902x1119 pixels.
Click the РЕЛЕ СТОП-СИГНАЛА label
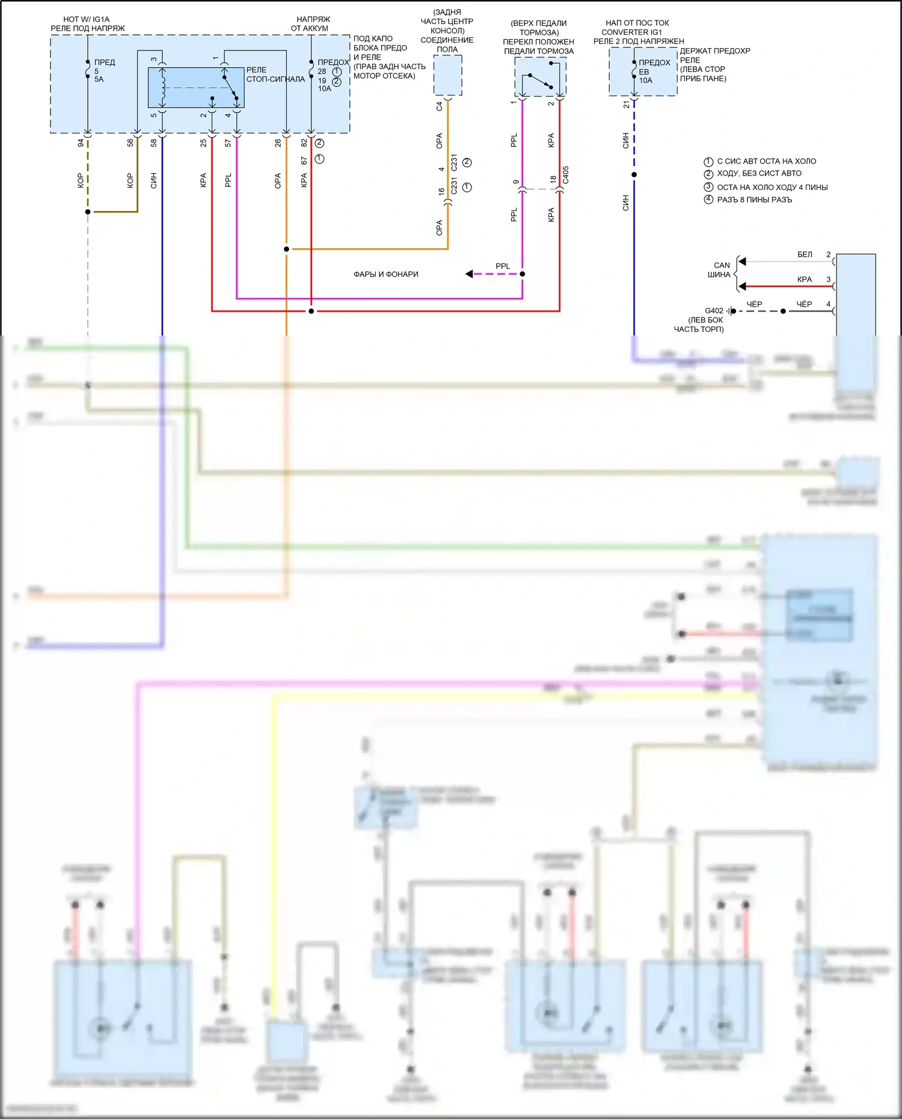[275, 75]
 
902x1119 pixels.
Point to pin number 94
[81, 143]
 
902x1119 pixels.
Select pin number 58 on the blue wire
[154, 143]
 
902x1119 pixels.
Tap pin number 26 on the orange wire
[278, 143]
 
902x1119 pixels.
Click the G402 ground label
[714, 311]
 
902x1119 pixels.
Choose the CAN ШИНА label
[720, 270]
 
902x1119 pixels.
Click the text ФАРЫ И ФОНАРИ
[385, 274]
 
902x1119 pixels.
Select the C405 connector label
[566, 175]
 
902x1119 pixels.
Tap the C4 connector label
[440, 106]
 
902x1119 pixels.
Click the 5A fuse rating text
[99, 79]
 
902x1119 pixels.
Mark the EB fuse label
[644, 72]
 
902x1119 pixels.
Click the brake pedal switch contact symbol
[539, 81]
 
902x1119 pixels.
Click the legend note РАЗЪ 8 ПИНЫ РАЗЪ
[754, 200]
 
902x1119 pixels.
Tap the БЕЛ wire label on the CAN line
[805, 255]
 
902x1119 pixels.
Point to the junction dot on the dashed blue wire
[634, 175]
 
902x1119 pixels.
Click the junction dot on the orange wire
[286, 249]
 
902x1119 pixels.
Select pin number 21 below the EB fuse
[627, 105]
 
